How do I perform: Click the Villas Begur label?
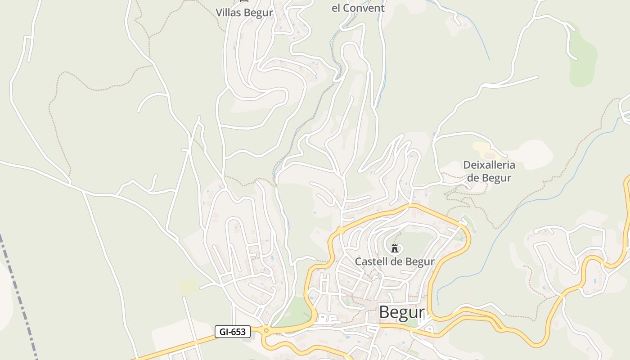[x=244, y=12]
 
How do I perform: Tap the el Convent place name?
[x=358, y=8]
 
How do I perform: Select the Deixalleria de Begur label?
[x=489, y=171]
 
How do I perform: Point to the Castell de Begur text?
[x=395, y=261]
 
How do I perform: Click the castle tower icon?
[x=395, y=248]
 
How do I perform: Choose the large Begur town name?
[x=402, y=312]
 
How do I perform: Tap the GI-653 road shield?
[x=232, y=332]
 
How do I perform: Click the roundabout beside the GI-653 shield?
[x=266, y=331]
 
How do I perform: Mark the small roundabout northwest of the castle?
[x=341, y=230]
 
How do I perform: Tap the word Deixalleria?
[x=489, y=165]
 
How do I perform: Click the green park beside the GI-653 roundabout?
[x=292, y=310]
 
